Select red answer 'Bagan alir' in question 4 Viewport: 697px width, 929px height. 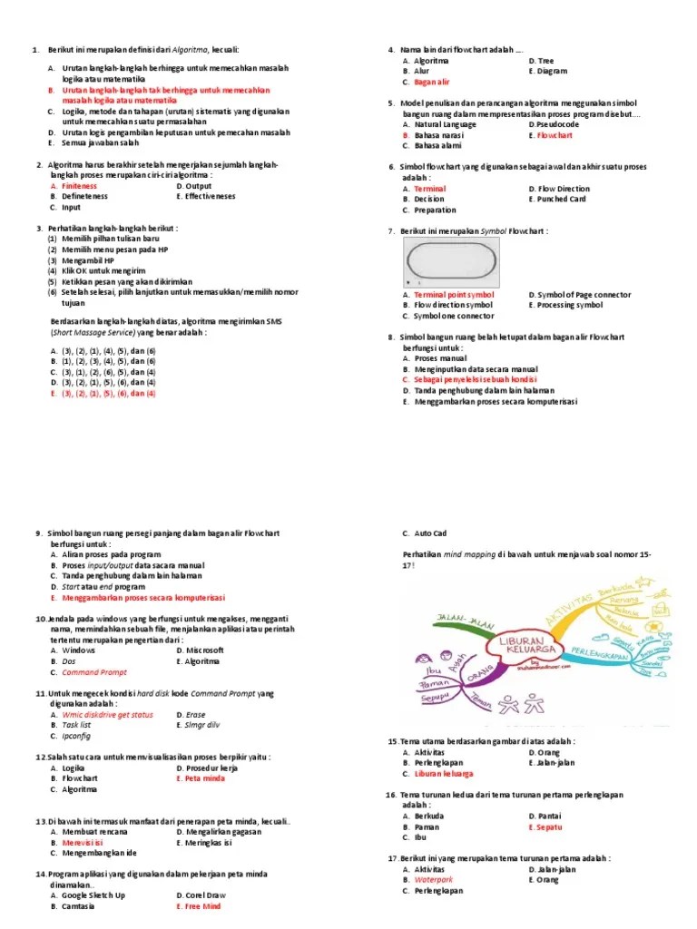431,82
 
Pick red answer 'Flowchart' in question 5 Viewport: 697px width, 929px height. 555,135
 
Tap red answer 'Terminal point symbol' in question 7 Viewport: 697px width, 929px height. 454,295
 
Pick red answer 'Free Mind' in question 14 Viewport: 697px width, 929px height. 202,906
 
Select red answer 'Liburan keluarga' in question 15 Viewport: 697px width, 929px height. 444,774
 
